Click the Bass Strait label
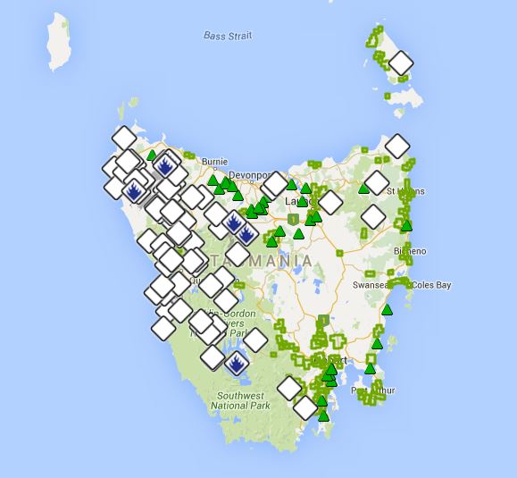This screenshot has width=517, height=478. [228, 36]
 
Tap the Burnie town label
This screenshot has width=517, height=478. [214, 163]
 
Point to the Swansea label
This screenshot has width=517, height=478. [371, 285]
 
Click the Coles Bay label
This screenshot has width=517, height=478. [430, 285]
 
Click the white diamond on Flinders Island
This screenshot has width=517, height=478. [401, 63]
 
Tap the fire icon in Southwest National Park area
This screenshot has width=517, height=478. [236, 364]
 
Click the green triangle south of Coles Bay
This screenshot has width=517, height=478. [388, 310]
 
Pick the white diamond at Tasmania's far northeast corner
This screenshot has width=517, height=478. [396, 146]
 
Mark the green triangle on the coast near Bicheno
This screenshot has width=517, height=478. [407, 225]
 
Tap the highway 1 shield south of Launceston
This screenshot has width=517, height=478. [293, 218]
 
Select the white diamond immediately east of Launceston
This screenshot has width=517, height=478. [329, 203]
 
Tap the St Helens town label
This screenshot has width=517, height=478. [406, 191]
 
